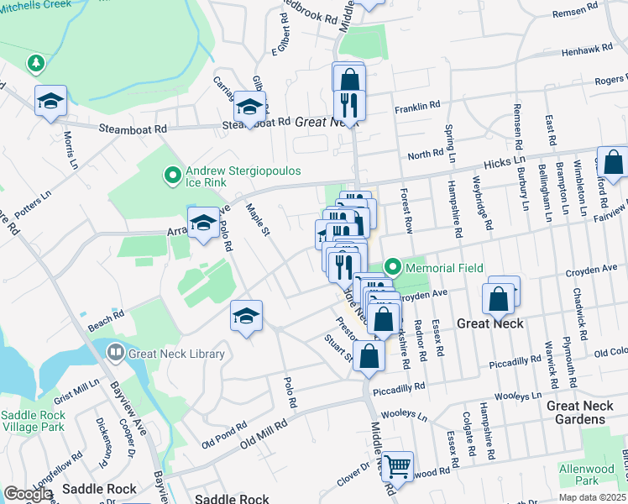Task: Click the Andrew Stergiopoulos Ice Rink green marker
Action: (x=172, y=175)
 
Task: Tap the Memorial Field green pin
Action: (x=392, y=267)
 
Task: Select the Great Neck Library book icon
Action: (x=116, y=354)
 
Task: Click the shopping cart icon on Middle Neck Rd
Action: (x=397, y=464)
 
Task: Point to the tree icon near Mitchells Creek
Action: (x=35, y=63)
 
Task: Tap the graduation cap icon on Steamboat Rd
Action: (x=249, y=107)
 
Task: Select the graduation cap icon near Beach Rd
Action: (x=246, y=316)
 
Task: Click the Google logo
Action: (x=28, y=494)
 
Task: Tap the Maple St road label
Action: (x=255, y=220)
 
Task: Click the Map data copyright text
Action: (x=591, y=497)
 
